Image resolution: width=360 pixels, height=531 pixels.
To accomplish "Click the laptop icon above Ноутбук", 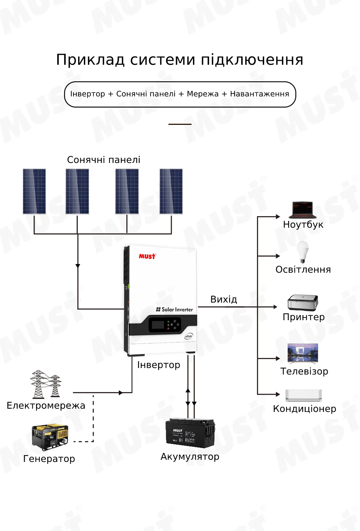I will tap(302, 210).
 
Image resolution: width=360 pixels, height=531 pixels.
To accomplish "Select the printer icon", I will tap(303, 303).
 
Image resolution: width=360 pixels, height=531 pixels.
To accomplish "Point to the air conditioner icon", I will tap(303, 395).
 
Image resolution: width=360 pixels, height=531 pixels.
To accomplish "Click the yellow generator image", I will tap(50, 437).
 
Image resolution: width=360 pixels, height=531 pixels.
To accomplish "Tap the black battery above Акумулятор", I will tap(190, 433).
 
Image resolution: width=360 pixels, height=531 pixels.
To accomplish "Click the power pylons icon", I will tap(45, 384).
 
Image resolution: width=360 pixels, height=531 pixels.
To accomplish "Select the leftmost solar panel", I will tap(34, 191).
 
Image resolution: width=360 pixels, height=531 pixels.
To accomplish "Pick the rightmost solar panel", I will tap(171, 191).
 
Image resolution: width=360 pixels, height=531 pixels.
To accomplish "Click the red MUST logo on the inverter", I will tap(147, 256).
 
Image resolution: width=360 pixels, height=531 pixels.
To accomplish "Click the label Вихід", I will tap(224, 299).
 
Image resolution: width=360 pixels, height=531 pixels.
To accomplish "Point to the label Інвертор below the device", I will tap(158, 365).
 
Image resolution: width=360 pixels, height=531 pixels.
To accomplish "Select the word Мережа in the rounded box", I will tap(202, 94).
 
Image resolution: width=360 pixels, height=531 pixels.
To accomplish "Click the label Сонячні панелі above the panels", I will tap(104, 160).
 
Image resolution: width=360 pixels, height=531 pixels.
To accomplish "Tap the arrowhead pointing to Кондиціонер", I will tap(278, 394).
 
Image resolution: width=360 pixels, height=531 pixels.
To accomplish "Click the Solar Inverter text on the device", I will tap(177, 309).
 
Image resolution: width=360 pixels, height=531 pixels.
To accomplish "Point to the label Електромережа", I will tap(46, 406).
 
